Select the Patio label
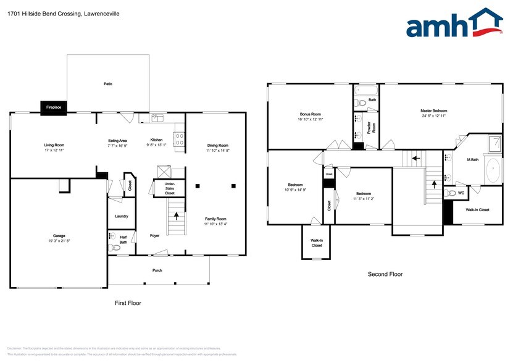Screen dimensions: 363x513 coord(108,83)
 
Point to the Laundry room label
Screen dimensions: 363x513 coord(121,216)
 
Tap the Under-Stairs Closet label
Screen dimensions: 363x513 coord(169,189)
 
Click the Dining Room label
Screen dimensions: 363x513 coord(217,146)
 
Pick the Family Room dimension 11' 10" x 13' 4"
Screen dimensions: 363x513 coord(216,223)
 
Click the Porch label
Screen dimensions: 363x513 coord(157,270)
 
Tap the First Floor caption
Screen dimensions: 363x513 coord(128,303)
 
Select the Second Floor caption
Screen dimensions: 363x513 coord(385,274)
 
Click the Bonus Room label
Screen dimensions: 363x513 coord(311,114)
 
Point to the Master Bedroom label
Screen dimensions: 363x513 coord(433,111)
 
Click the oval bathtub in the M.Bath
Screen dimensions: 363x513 coord(493,170)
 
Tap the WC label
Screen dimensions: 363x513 coord(461,193)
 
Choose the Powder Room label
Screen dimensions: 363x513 coord(373,127)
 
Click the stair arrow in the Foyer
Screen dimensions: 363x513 coord(178,216)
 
